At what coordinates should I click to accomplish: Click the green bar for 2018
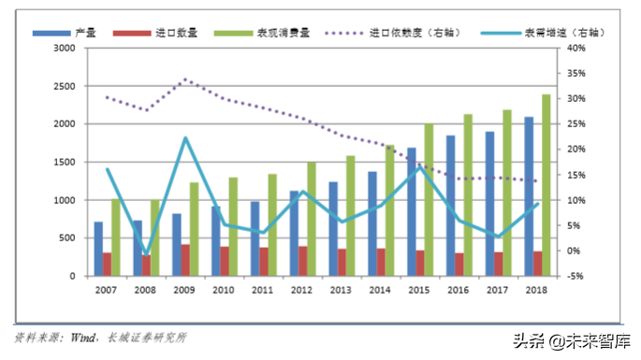[546, 185]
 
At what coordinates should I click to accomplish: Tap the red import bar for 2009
[186, 260]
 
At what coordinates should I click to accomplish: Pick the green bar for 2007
[115, 238]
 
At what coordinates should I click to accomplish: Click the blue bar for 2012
[294, 234]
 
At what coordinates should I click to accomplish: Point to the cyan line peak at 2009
[185, 138]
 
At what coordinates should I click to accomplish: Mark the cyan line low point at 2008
[146, 254]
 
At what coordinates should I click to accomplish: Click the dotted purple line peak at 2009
[185, 79]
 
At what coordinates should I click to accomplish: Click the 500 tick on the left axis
[67, 238]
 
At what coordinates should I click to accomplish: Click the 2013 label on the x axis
[342, 292]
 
